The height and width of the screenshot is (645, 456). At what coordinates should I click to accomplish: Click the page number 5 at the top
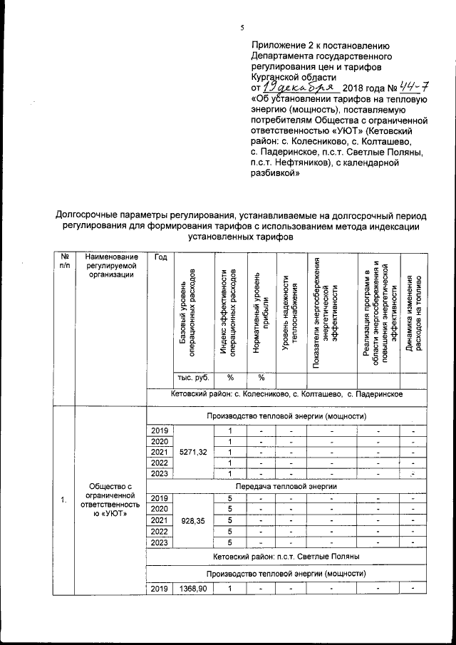242,27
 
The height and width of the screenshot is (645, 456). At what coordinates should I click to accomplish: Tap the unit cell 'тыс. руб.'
192,378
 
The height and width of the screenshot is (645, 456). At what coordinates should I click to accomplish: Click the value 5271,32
192,452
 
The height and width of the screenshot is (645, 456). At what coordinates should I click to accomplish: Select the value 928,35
192,522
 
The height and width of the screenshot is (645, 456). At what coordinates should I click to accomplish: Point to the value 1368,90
192,588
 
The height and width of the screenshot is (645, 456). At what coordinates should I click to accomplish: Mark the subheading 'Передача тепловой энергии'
287,486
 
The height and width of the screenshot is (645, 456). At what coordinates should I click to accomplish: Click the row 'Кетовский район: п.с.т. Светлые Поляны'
287,555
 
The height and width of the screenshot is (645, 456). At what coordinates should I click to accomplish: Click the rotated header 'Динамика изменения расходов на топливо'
414,314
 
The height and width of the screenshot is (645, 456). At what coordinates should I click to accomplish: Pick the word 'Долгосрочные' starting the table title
88,215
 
